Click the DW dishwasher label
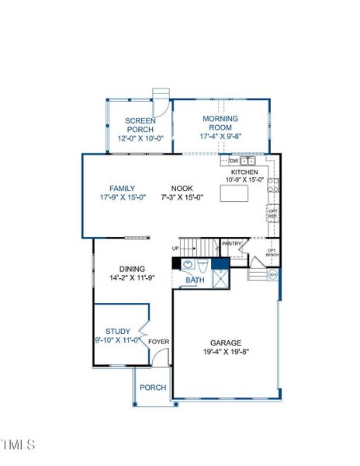pos(234,162)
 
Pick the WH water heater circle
pos(272,275)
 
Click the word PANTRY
pos(232,244)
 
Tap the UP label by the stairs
pos(176,249)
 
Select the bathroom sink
pos(189,264)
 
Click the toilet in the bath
pos(202,264)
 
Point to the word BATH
pos(195,280)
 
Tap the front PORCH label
pos(152,388)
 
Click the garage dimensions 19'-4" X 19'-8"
pos(227,352)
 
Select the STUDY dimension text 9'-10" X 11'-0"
pos(118,339)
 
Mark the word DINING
pos(132,269)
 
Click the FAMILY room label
pos(123,188)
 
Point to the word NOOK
pos(182,188)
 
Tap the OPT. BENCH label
pos(272,252)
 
